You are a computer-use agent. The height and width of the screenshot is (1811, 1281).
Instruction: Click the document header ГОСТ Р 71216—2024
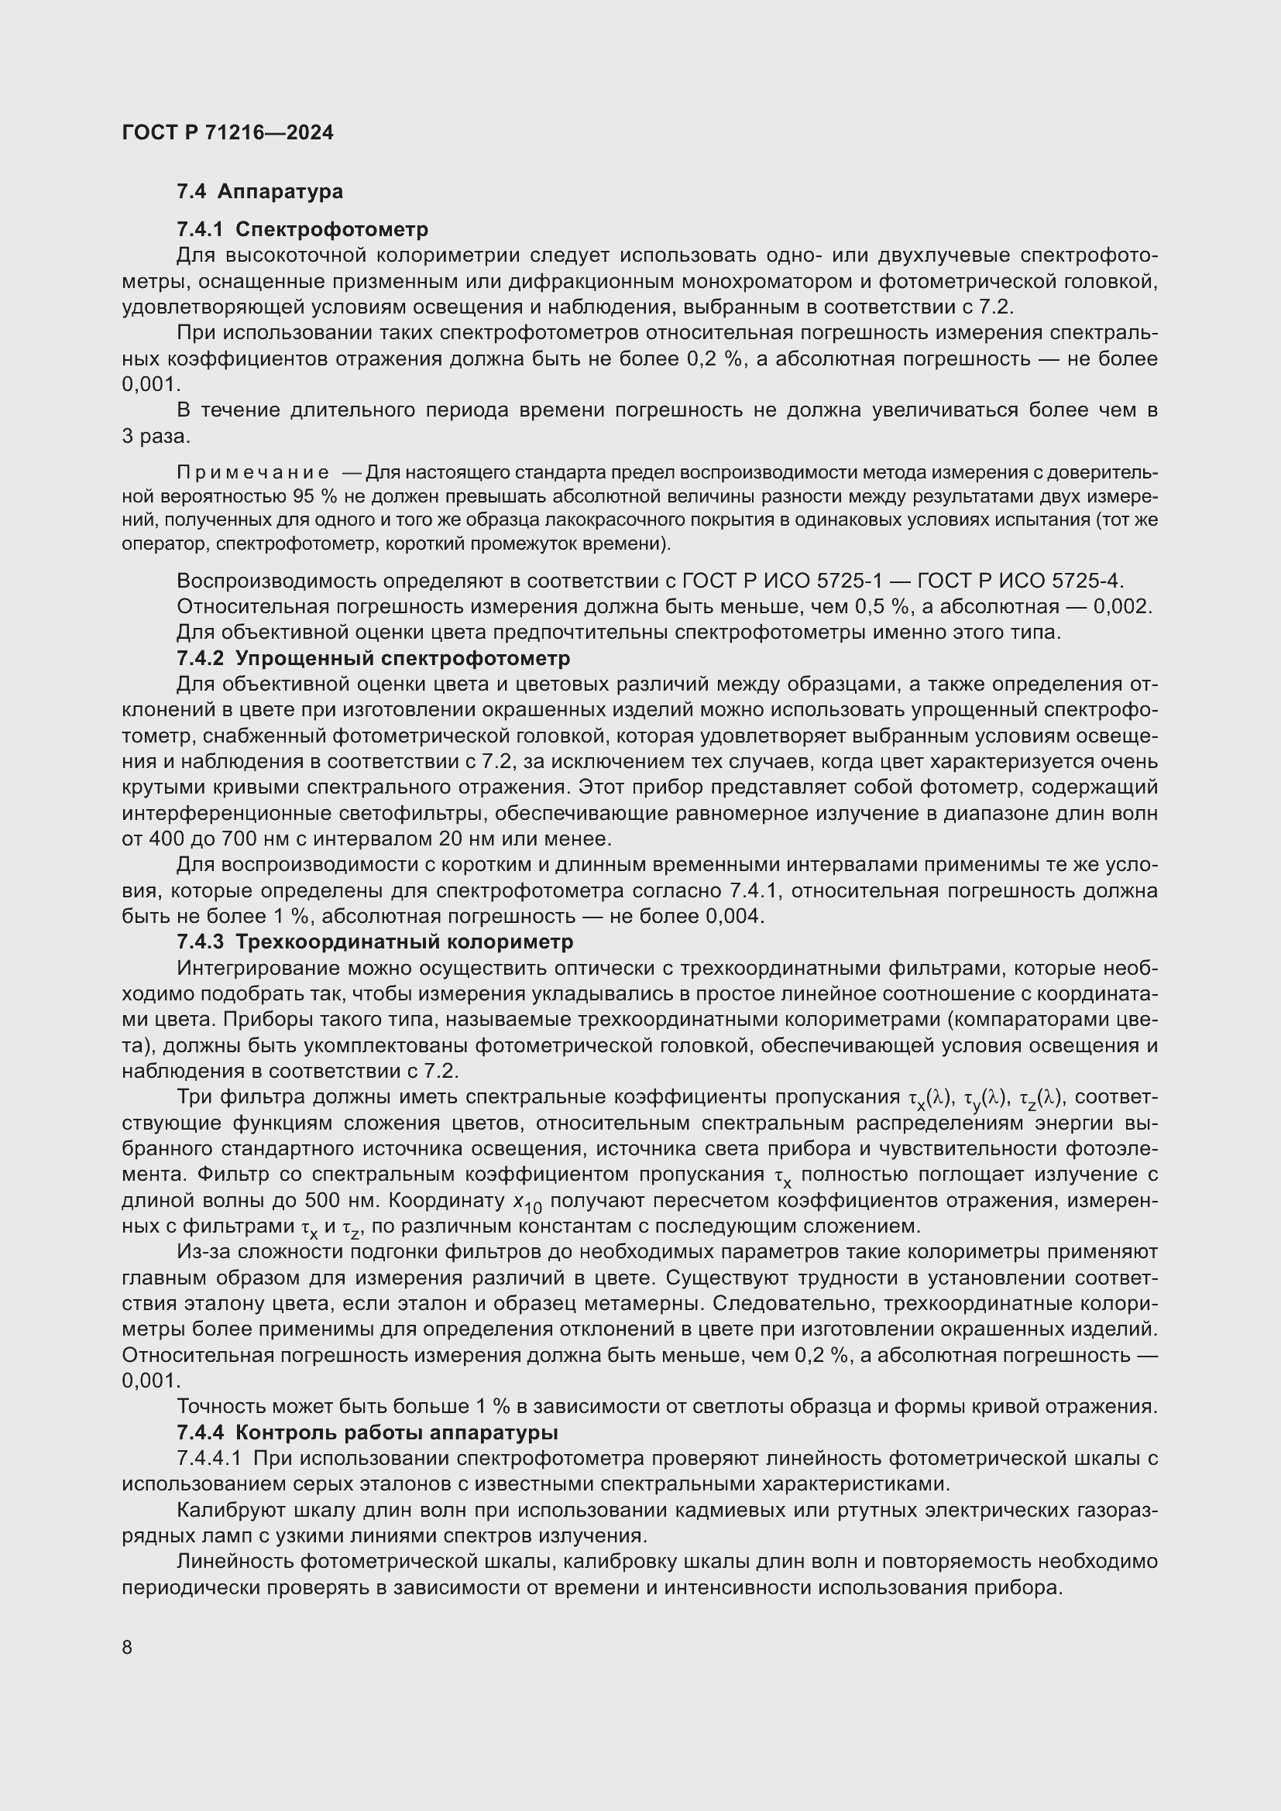click(227, 132)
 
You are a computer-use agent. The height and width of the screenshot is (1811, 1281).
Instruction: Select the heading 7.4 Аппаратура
click(259, 192)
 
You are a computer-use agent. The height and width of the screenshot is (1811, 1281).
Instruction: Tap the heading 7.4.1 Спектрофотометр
click(302, 229)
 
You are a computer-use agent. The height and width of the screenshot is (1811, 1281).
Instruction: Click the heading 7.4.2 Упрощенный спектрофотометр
click(373, 658)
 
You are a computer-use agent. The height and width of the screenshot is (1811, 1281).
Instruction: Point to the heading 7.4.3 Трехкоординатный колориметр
click(375, 942)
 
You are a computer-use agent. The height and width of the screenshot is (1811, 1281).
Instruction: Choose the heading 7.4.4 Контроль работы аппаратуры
click(367, 1432)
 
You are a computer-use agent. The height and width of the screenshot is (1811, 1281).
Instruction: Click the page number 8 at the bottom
click(127, 1648)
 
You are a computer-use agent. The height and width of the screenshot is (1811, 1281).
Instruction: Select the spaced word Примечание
click(252, 472)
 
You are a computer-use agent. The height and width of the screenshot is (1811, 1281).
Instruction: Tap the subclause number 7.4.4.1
click(209, 1459)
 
